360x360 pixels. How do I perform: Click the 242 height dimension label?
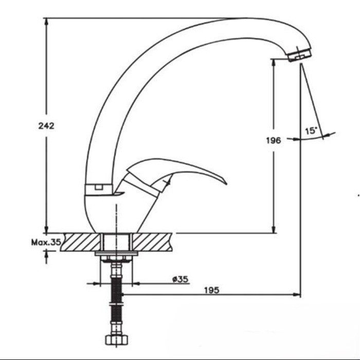[x=46, y=126]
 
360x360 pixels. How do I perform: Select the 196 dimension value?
[x=274, y=140]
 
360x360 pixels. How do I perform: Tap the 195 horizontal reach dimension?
[x=212, y=290]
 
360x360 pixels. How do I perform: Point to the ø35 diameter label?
[x=180, y=279]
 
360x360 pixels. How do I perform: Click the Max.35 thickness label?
[x=46, y=242]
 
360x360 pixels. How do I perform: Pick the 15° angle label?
[x=311, y=131]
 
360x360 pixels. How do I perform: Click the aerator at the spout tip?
[x=299, y=54]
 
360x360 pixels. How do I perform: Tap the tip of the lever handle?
[x=226, y=184]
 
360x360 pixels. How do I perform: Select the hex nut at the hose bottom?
[x=117, y=339]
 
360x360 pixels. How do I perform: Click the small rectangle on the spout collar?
[x=99, y=187]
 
